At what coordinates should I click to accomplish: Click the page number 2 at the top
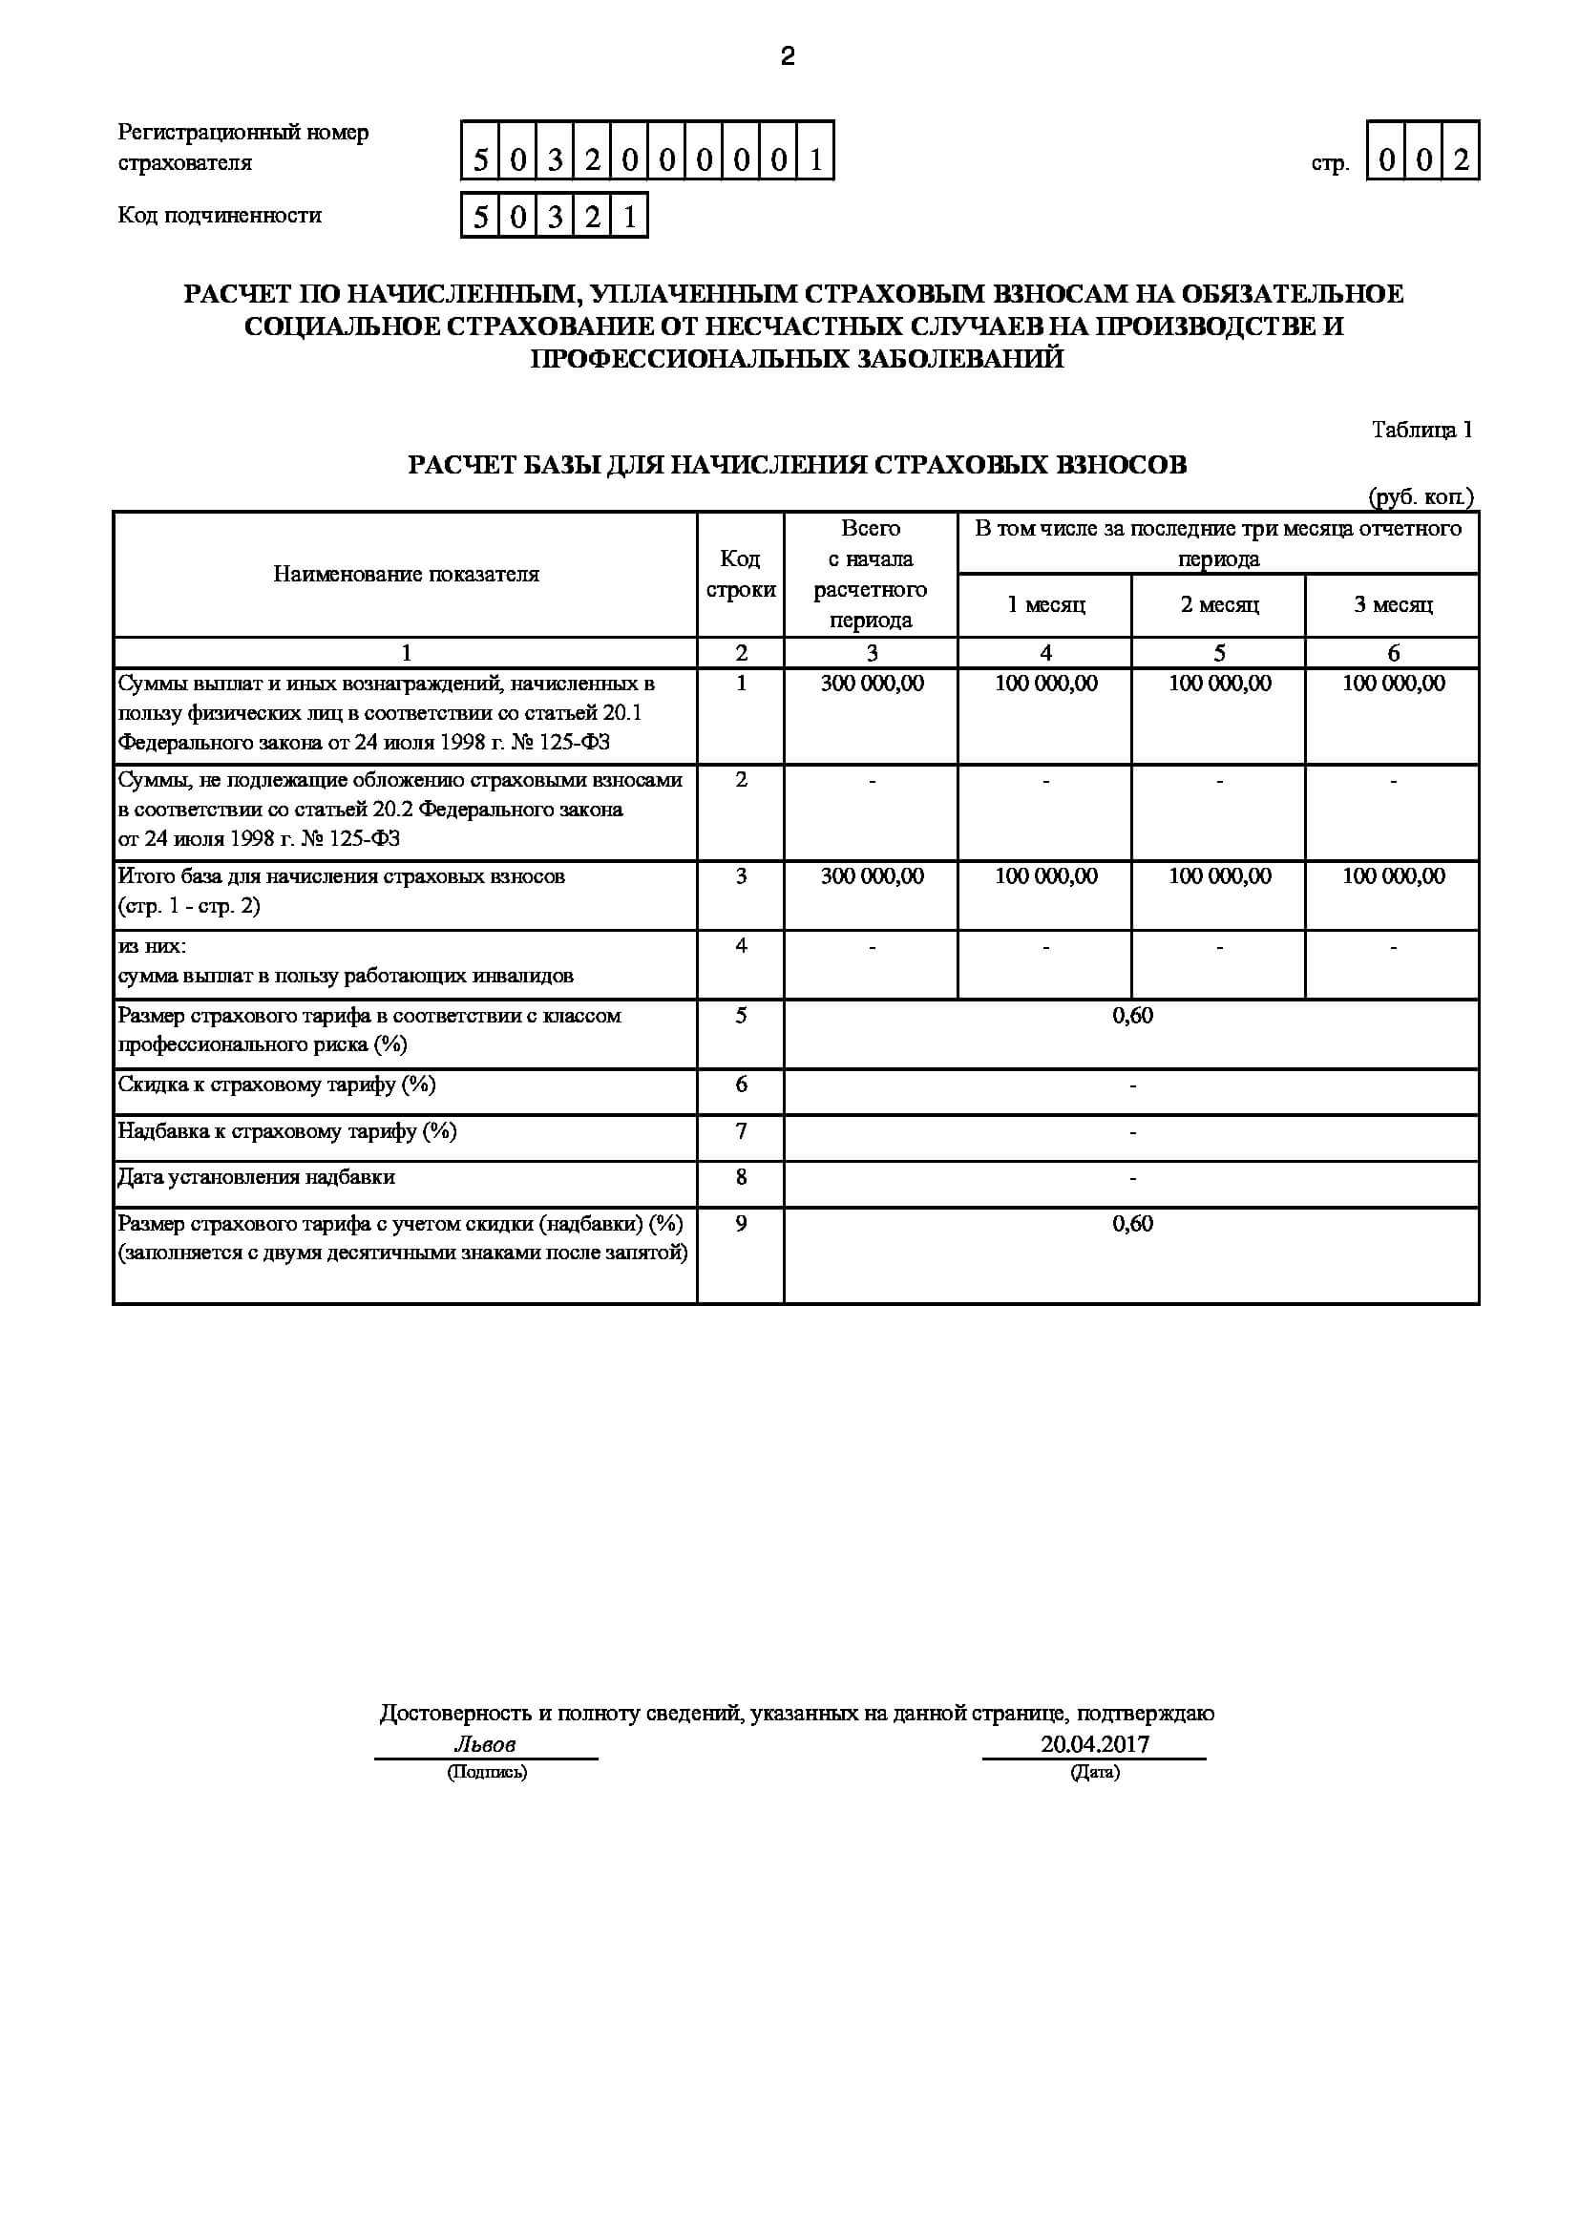788,57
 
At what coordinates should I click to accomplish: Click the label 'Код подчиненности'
220,216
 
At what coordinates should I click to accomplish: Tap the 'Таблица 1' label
1421,430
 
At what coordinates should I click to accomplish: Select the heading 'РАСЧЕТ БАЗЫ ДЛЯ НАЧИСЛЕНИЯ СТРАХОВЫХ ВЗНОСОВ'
797,465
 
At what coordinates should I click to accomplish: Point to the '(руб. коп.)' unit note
1421,497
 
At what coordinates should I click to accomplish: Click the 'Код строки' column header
740,574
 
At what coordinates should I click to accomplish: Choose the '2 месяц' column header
1219,605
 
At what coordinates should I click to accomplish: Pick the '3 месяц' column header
1392,605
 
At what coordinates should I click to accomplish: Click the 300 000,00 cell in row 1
872,684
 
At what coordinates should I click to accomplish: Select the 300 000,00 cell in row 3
872,876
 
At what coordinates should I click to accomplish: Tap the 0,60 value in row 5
1132,1016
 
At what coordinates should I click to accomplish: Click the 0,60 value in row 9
1132,1224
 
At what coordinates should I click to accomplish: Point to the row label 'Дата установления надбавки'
257,1178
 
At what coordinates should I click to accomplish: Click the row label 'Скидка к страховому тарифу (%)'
277,1085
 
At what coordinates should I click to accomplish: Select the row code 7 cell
740,1131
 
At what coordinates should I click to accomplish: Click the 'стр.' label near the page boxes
1329,163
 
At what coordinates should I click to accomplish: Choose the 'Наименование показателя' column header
406,574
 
